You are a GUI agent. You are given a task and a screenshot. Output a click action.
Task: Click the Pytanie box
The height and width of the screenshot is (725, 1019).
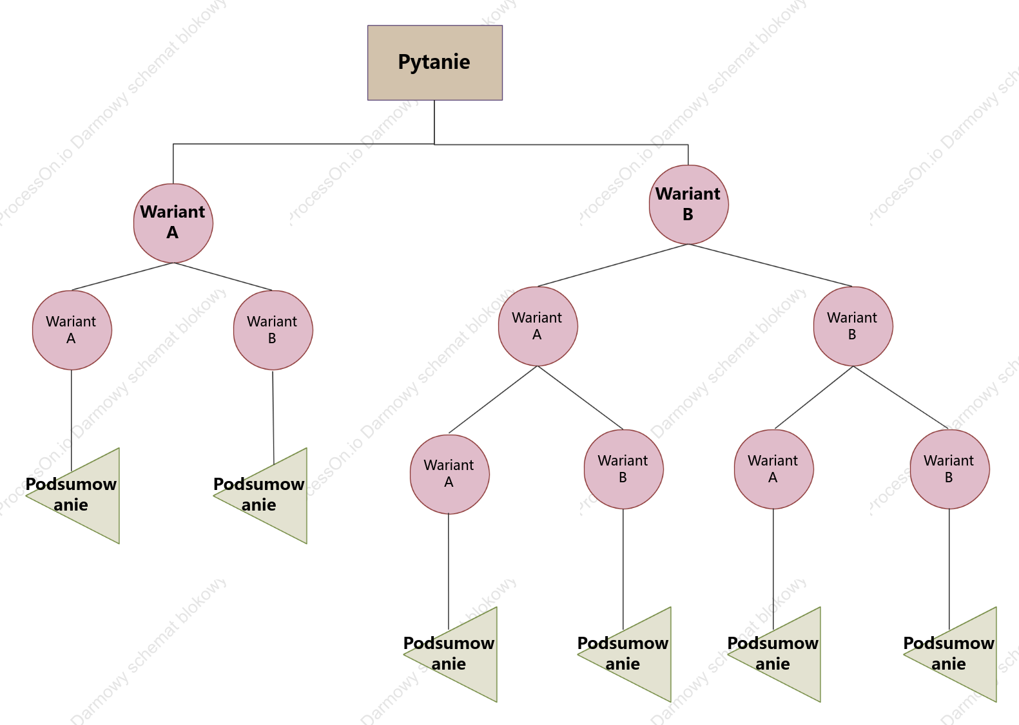pyautogui.click(x=435, y=62)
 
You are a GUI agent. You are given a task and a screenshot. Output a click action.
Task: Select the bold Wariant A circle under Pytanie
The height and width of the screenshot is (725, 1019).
pyautogui.click(x=173, y=223)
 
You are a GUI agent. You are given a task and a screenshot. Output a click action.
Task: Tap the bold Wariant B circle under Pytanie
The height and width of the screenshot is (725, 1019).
pyautogui.click(x=689, y=205)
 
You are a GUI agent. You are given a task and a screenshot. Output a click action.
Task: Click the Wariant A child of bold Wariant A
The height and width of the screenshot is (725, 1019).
pyautogui.click(x=72, y=330)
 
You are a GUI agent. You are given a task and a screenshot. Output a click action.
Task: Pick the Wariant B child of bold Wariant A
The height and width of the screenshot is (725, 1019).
pyautogui.click(x=273, y=330)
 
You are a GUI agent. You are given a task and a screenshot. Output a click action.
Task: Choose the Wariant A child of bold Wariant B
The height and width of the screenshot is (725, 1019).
pyautogui.click(x=538, y=326)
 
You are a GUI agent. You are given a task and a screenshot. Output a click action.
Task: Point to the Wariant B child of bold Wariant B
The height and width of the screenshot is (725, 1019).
pyautogui.click(x=853, y=326)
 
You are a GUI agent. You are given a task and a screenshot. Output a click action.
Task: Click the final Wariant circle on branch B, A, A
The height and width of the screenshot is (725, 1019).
pyautogui.click(x=450, y=474)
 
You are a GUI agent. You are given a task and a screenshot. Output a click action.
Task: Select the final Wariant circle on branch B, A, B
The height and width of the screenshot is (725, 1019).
pyautogui.click(x=624, y=469)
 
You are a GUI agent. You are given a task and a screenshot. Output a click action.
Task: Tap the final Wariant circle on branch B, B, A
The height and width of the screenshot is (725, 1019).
pyautogui.click(x=774, y=469)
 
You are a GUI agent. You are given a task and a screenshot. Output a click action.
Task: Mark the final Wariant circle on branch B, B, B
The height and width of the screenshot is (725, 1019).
pyautogui.click(x=950, y=469)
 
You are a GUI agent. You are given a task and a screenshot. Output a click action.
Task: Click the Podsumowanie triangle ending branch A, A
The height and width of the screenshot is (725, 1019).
pyautogui.click(x=86, y=495)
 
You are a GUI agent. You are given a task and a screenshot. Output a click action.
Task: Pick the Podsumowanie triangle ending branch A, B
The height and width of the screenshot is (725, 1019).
pyautogui.click(x=275, y=495)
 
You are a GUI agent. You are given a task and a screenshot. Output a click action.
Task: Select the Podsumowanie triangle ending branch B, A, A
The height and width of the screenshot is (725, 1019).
pyautogui.click(x=465, y=655)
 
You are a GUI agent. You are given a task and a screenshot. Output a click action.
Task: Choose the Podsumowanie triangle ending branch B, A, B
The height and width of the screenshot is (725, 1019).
pyautogui.click(x=638, y=655)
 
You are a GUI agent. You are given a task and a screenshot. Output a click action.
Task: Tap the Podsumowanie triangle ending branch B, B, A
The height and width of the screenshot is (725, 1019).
pyautogui.click(x=788, y=655)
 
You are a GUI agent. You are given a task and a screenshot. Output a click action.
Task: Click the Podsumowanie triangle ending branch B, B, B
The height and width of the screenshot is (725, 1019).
pyautogui.click(x=964, y=655)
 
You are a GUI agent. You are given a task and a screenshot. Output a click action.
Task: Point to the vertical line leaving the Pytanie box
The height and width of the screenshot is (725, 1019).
pyautogui.click(x=434, y=122)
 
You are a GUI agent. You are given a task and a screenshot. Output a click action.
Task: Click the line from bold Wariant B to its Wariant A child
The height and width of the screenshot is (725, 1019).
pyautogui.click(x=613, y=265)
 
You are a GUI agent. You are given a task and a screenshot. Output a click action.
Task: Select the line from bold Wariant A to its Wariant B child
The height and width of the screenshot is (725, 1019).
pyautogui.click(x=223, y=276)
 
